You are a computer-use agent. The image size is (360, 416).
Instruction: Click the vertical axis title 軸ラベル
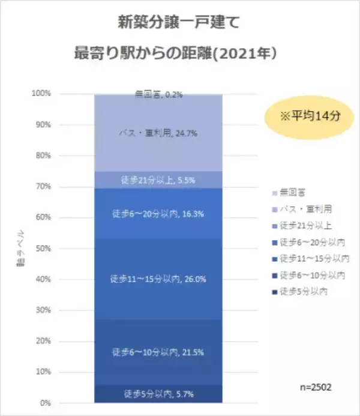(x=20, y=247)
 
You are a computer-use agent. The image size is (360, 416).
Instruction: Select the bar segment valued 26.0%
(x=159, y=279)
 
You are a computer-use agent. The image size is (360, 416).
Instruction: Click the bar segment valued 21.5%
(x=159, y=351)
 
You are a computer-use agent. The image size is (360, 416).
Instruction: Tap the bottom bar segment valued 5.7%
(x=159, y=394)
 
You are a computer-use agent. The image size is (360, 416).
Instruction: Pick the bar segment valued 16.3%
(x=159, y=213)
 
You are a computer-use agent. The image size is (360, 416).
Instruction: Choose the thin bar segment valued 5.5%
(x=159, y=179)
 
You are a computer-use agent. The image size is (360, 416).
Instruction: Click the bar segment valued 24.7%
(x=159, y=133)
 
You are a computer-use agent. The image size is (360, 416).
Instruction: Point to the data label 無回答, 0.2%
(x=158, y=94)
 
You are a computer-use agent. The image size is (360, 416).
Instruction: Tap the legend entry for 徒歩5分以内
(x=305, y=292)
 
